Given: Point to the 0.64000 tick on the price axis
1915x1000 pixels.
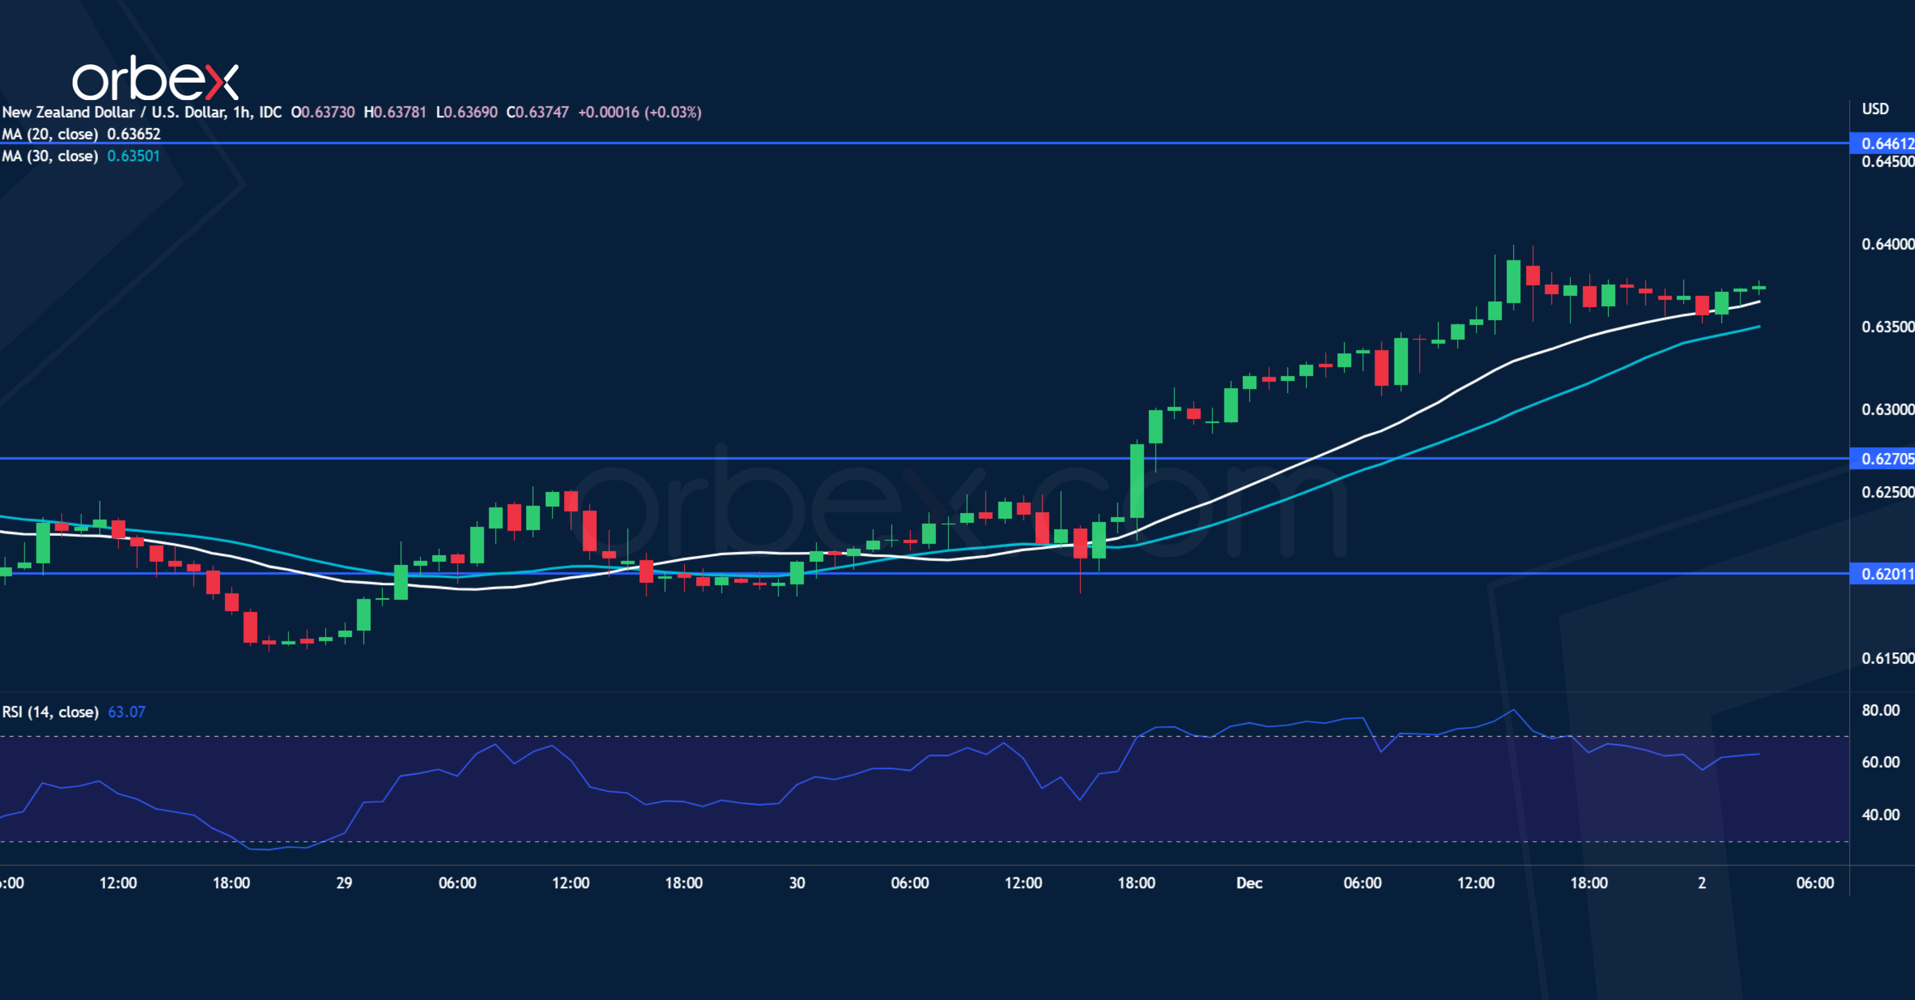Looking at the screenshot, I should click(x=1887, y=243).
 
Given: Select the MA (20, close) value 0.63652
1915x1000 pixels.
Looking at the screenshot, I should click(x=134, y=134).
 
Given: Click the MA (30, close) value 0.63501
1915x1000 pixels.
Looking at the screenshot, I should click(x=134, y=156).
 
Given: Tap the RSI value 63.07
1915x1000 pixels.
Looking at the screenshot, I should click(x=126, y=712).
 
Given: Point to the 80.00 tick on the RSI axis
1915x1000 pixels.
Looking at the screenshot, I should click(x=1880, y=710).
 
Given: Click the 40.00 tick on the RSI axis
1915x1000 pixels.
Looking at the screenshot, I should click(x=1880, y=814).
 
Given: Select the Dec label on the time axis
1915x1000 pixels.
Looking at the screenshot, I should click(x=1249, y=883).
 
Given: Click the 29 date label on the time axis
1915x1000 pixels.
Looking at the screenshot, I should click(x=344, y=883).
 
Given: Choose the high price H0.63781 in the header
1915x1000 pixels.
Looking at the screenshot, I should click(x=395, y=112).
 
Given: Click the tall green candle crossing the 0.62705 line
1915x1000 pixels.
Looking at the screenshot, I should click(x=1137, y=481).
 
